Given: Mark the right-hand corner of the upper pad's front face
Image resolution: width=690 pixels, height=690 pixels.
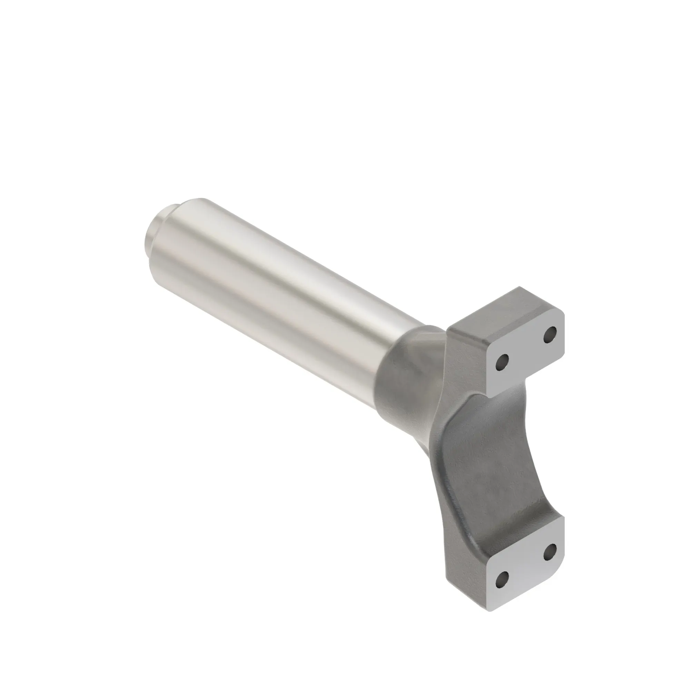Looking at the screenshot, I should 564,318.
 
